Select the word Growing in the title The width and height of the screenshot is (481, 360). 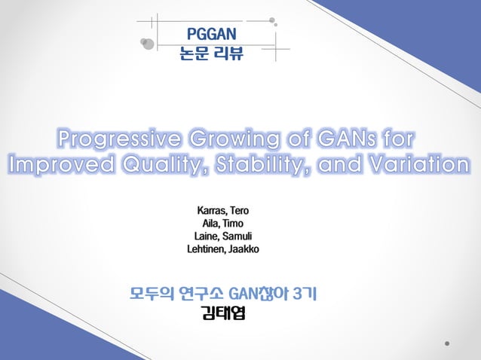[x=231, y=140]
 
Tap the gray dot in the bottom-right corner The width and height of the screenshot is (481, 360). [x=449, y=343]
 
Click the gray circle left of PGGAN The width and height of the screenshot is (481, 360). [x=148, y=43]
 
